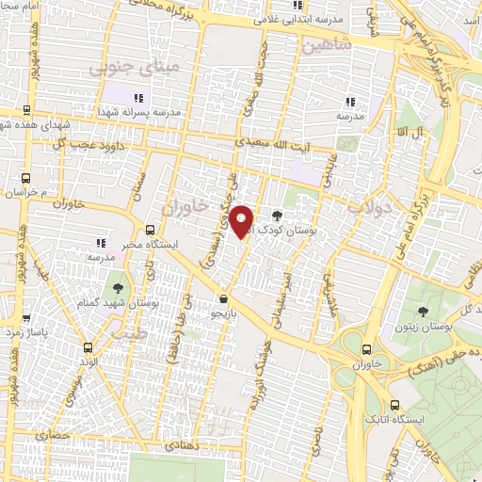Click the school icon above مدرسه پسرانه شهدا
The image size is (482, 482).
[x=139, y=98]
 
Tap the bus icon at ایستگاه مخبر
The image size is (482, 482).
[x=151, y=229]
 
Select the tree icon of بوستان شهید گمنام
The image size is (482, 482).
[x=118, y=287]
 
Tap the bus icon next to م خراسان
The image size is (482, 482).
[x=25, y=175]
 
